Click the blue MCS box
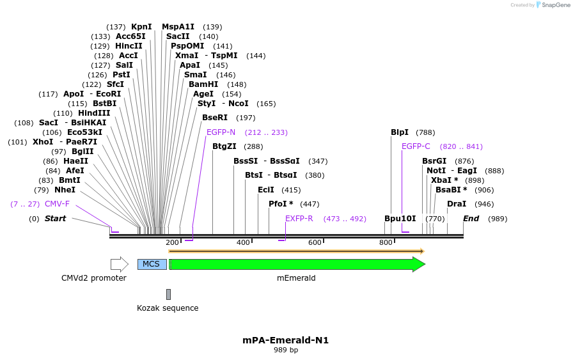click(x=152, y=264)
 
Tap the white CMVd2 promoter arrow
click(x=120, y=264)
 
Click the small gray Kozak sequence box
click(x=168, y=294)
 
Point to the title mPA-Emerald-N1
click(x=286, y=340)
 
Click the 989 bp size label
click(x=286, y=350)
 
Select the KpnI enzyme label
click(x=141, y=27)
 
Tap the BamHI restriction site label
click(x=203, y=84)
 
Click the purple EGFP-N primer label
click(x=221, y=132)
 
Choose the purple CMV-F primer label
click(x=57, y=204)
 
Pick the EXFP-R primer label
click(x=299, y=219)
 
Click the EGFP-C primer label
click(x=416, y=146)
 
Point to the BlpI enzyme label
click(x=400, y=132)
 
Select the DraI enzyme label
click(x=457, y=204)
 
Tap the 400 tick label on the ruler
click(x=243, y=243)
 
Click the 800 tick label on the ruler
click(x=386, y=243)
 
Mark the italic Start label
click(x=55, y=219)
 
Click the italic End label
click(x=471, y=219)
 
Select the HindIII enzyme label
click(x=94, y=113)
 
